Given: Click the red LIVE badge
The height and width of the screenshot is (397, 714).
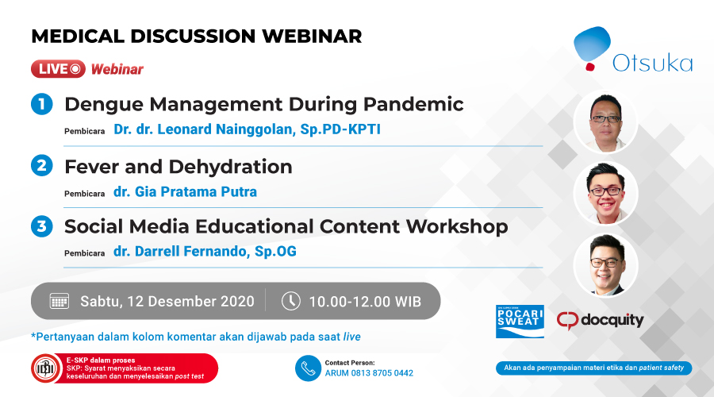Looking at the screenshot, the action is (x=58, y=69).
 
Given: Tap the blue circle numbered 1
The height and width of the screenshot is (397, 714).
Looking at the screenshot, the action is (x=42, y=104).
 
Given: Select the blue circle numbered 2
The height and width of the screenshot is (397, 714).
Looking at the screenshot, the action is (x=42, y=165).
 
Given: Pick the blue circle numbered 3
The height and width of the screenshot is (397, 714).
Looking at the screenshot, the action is (x=42, y=226).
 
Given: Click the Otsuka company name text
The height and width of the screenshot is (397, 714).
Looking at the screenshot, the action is (x=653, y=63).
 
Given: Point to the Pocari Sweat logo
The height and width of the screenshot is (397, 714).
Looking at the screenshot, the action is (x=520, y=322).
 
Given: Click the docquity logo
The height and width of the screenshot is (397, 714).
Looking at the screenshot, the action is (x=601, y=321).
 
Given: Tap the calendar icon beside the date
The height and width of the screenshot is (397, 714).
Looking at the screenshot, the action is (x=59, y=301).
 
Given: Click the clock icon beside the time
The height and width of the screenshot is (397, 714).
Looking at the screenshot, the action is (x=290, y=301).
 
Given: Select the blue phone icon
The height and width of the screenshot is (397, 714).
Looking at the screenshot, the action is (x=308, y=368).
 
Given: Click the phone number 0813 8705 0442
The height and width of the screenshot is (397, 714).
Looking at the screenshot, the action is (x=380, y=373).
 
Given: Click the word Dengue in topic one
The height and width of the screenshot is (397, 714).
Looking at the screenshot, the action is (x=103, y=105).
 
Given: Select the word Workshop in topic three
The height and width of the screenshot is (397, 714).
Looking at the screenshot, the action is (x=457, y=227).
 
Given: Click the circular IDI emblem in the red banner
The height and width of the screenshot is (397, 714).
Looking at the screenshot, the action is (x=44, y=368).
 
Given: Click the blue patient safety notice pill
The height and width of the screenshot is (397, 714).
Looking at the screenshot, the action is (x=593, y=368).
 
